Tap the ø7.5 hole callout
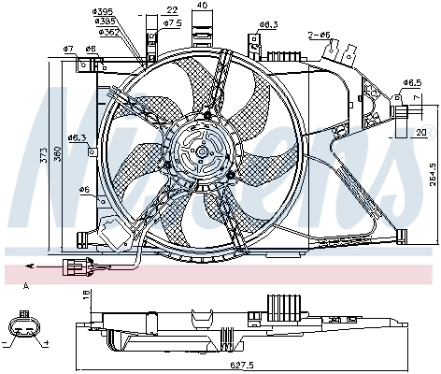pos(172,22)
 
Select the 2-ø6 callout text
pos(320,35)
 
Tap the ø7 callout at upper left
pos(68,48)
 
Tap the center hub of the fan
pos(198,149)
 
